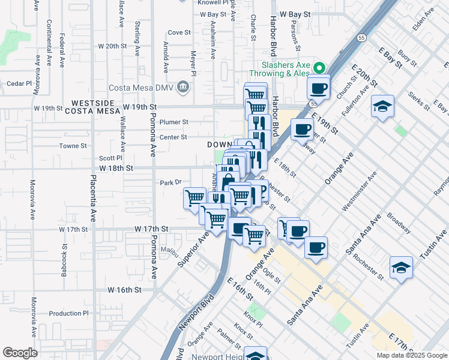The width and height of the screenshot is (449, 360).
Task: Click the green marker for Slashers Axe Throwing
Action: click(319, 68)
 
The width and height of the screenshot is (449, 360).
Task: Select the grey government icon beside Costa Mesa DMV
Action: click(184, 88)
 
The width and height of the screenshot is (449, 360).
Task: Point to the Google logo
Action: click(20, 353)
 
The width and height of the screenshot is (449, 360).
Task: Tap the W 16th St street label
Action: click(124, 289)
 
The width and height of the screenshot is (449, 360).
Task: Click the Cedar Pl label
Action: click(19, 83)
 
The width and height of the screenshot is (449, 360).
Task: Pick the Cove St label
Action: click(178, 32)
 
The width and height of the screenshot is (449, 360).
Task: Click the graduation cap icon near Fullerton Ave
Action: click(382, 106)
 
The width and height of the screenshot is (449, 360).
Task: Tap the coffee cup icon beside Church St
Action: click(319, 88)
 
